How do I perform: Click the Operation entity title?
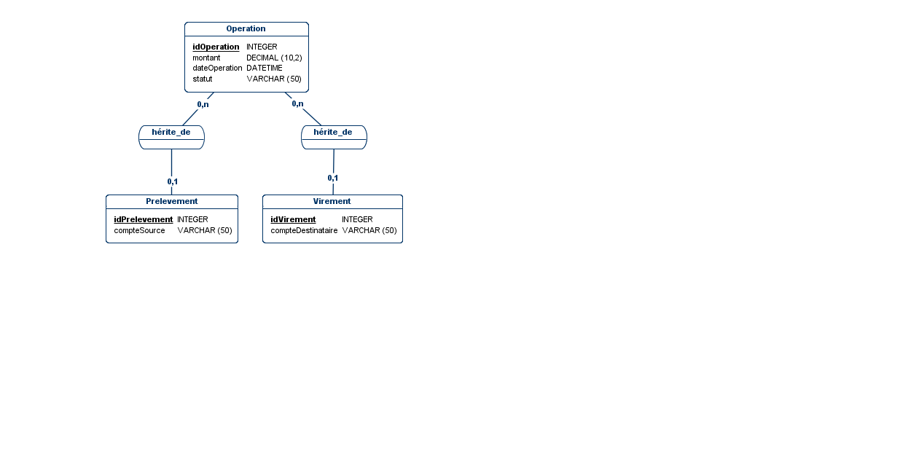(246, 28)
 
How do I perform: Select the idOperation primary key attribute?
(216, 47)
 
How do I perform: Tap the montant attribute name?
(206, 58)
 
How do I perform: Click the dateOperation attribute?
(217, 68)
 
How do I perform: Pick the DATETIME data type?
(265, 68)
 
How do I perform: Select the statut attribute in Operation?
(202, 79)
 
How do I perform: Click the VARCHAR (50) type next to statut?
(274, 79)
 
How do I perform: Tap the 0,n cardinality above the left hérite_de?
(203, 104)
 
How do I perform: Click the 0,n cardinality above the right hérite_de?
(298, 103)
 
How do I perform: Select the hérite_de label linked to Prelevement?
(171, 132)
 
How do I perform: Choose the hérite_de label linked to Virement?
(333, 132)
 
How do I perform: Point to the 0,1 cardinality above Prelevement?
(173, 181)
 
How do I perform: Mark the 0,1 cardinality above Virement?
(333, 178)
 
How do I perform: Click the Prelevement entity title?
(171, 201)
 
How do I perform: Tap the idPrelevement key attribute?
(143, 219)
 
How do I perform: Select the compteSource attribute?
(139, 230)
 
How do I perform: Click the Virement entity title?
(332, 201)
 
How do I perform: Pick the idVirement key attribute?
(293, 219)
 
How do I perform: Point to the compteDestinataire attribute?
(304, 230)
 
